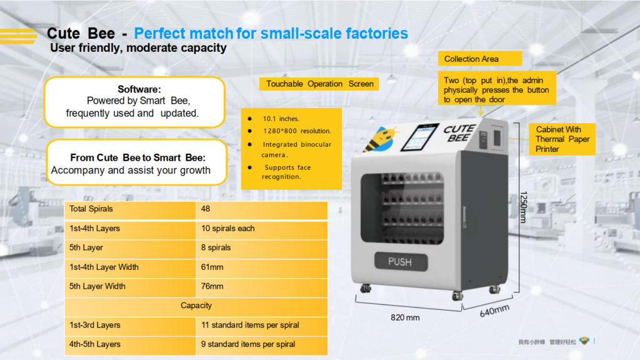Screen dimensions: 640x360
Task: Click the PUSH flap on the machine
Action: click(401, 262)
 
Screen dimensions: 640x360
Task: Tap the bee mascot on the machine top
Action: click(381, 138)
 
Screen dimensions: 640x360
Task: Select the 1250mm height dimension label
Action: click(524, 207)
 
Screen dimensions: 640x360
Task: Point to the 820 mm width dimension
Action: click(405, 317)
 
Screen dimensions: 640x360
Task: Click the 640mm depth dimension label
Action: click(495, 311)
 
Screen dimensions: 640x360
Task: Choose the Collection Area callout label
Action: click(480, 59)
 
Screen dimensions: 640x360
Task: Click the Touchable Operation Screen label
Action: click(319, 84)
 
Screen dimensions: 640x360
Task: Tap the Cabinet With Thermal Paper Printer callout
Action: click(562, 139)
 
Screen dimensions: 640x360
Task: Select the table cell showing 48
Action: click(262, 209)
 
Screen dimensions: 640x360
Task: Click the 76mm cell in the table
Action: click(262, 286)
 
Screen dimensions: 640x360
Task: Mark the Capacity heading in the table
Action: click(196, 306)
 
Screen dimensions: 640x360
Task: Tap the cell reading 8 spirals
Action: click(262, 247)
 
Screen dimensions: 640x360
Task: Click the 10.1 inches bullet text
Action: click(281, 119)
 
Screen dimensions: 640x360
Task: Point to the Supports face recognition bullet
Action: click(286, 172)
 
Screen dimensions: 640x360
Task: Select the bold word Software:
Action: click(139, 89)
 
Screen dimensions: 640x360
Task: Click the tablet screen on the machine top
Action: click(419, 137)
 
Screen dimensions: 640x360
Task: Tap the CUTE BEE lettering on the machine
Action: click(459, 133)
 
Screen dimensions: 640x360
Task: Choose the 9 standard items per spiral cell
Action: click(262, 344)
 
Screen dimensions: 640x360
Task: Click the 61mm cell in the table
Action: click(262, 267)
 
